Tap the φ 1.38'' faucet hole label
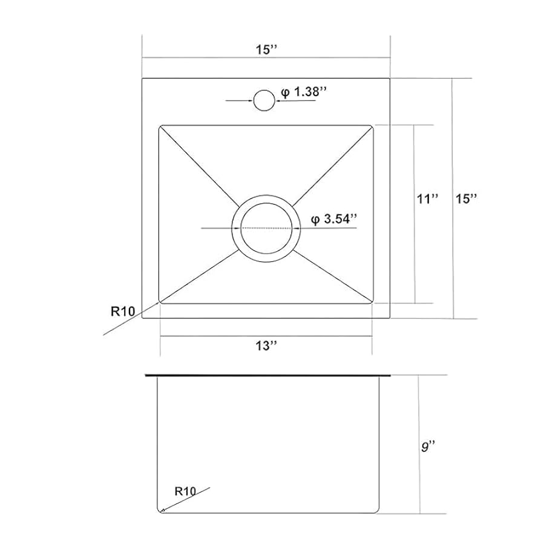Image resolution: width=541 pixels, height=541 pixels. tap(304, 91)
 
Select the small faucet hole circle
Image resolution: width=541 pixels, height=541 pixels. tap(263, 100)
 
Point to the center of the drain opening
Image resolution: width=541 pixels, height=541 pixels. tap(266, 228)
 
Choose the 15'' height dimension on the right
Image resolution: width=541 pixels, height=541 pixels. tap(466, 199)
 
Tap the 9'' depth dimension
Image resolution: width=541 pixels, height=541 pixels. tap(429, 447)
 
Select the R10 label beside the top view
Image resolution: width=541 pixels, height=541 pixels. tap(122, 312)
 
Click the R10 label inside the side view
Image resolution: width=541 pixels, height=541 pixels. tap(184, 491)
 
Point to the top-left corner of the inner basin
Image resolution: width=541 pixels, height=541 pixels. tap(160, 126)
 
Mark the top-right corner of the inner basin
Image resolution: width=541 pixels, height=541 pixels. tap(372, 126)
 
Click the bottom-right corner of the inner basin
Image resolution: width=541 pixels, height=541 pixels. tap(372, 301)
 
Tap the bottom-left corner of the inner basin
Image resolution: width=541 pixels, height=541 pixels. tap(160, 301)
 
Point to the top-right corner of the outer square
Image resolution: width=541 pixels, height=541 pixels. tap(390, 78)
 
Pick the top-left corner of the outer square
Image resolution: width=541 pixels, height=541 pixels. tap(142, 78)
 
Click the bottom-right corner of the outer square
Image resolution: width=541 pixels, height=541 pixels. tap(390, 318)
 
